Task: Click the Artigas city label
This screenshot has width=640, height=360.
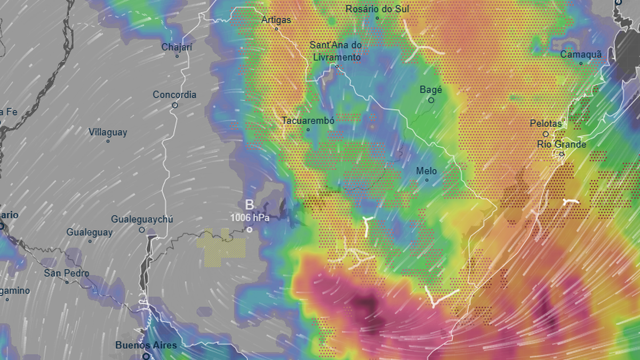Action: point(276,20)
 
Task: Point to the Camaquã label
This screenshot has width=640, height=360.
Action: point(581,54)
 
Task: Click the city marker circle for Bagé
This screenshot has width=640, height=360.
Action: point(431,100)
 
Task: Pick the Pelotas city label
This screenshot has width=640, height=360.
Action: point(546,124)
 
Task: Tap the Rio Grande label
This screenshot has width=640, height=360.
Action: point(562,145)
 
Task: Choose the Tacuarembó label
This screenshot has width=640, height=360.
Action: point(308,121)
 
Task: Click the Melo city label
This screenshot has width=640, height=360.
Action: point(427,171)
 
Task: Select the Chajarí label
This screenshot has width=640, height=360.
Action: point(177,47)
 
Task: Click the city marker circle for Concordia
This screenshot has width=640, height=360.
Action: point(174,105)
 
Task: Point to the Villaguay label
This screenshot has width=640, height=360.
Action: point(108,132)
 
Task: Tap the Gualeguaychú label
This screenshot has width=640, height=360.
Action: point(142,220)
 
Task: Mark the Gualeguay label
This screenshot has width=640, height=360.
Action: point(90,233)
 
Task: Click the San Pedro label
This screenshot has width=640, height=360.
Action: point(67,274)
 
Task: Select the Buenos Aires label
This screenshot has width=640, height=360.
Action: point(146,345)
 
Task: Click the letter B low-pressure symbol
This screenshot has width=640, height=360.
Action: point(249,205)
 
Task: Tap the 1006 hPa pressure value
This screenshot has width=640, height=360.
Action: point(250,218)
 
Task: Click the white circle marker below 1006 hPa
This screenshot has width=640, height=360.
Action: point(249,229)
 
